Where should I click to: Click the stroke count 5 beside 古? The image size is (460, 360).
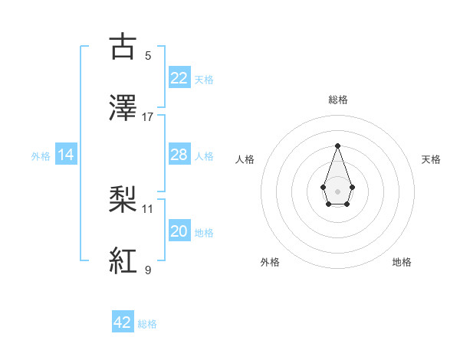(148, 56)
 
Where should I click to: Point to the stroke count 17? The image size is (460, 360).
(148, 117)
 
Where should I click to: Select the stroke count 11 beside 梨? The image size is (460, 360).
(148, 208)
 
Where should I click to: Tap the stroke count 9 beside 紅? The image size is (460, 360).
(148, 270)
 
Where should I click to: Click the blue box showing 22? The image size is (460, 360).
(179, 78)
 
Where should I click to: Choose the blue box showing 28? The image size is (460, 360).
(179, 155)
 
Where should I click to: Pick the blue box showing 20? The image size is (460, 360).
(179, 231)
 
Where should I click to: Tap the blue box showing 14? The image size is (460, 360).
(66, 155)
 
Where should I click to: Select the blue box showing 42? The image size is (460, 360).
(123, 322)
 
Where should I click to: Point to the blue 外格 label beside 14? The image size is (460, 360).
(41, 156)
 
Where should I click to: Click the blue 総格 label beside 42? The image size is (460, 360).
(147, 324)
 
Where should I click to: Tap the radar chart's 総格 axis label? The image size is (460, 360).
(337, 100)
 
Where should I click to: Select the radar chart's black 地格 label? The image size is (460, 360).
(402, 262)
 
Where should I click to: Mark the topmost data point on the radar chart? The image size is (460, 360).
(337, 146)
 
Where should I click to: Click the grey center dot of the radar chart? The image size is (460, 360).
(337, 190)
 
